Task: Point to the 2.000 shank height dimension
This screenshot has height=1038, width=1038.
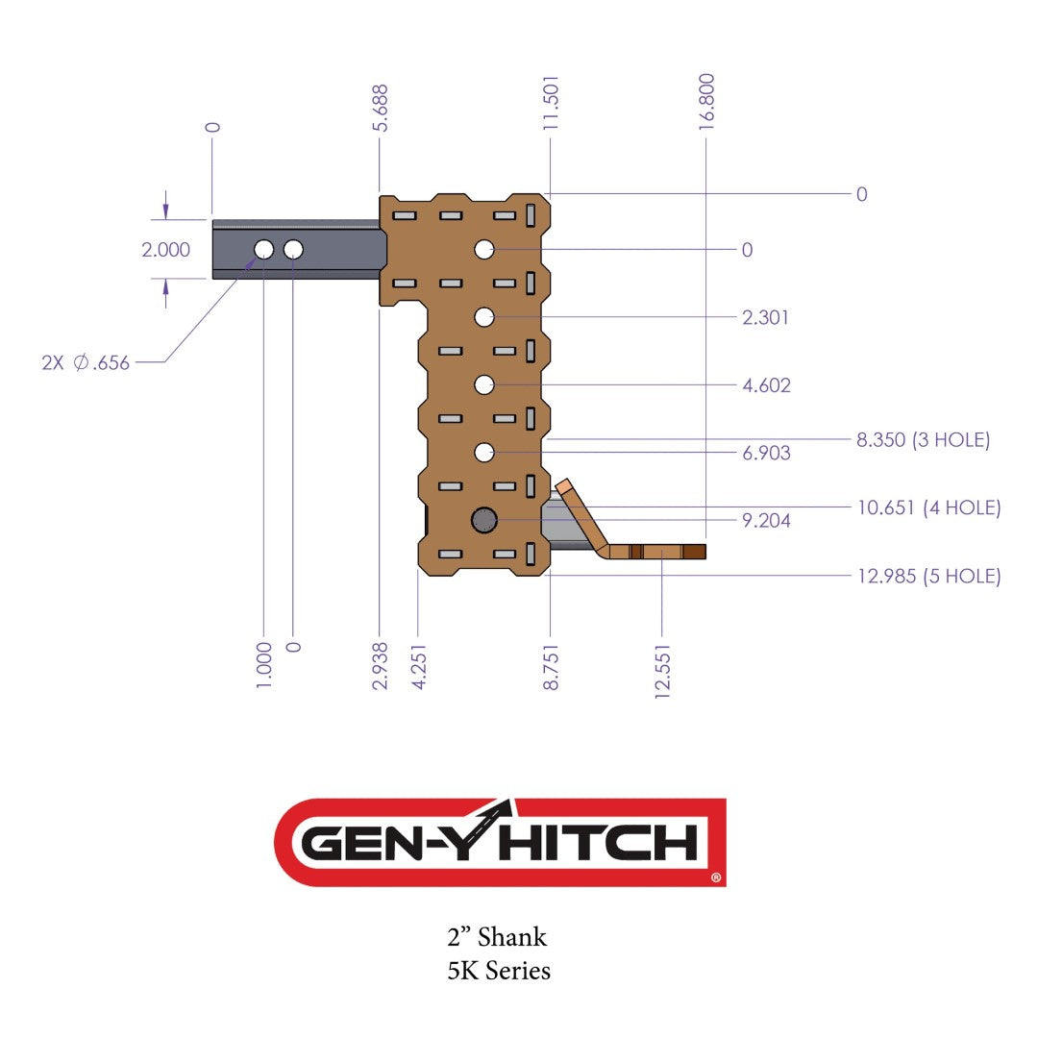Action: coord(165,250)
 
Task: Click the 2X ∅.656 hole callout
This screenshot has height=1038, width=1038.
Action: coord(86,363)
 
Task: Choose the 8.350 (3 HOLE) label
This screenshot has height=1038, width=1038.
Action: coord(923,440)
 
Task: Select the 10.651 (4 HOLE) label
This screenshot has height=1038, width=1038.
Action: coord(928,507)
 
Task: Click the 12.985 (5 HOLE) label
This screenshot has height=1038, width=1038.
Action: coord(928,577)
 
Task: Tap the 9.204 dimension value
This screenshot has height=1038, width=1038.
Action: coord(766,521)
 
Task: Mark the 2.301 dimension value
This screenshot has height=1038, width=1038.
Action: coord(766,317)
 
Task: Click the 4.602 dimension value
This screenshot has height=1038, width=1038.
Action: coord(766,385)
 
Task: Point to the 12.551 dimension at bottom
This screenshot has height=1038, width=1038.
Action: coord(662,666)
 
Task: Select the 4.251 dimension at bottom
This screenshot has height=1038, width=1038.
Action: coord(418,666)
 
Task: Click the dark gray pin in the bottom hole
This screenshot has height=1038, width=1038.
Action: coord(484,520)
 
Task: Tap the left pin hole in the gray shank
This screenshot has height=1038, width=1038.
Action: coord(263,250)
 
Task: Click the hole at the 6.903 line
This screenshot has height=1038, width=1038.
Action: coord(484,452)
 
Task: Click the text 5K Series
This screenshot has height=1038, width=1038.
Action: coord(499,971)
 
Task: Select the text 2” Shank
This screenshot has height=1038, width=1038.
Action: coord(497,936)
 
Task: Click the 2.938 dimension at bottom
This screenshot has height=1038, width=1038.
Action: coord(381,666)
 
